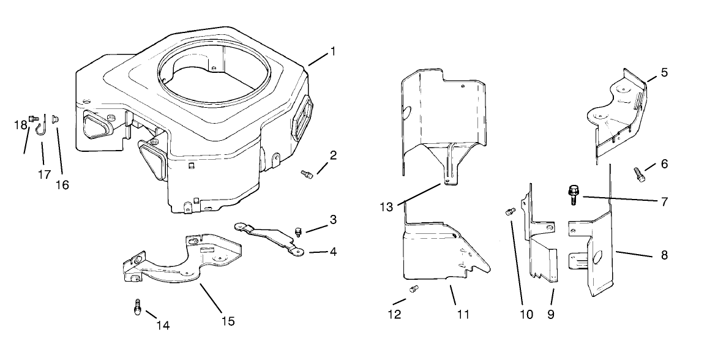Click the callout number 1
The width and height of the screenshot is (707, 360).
click(333, 51)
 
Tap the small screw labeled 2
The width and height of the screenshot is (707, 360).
click(307, 175)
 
